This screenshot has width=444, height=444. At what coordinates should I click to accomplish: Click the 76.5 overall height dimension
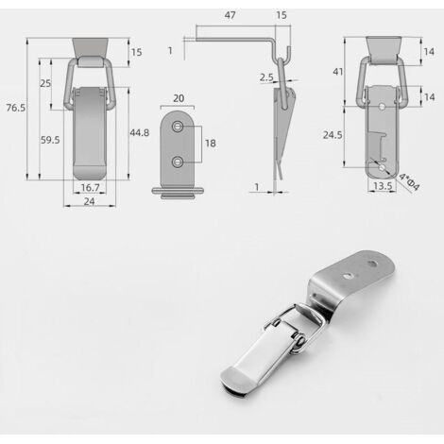pyautogui.click(x=16, y=108)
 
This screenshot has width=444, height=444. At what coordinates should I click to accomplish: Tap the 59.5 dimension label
pyautogui.click(x=50, y=140)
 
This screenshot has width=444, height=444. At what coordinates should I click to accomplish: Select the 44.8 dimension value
pyautogui.click(x=140, y=133)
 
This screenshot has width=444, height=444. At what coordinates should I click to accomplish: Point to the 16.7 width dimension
pyautogui.click(x=91, y=188)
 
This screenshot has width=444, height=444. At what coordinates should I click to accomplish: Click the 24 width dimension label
pyautogui.click(x=90, y=201)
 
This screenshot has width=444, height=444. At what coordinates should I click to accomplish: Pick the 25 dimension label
pyautogui.click(x=45, y=83)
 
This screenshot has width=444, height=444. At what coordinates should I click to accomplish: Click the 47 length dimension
pyautogui.click(x=230, y=15)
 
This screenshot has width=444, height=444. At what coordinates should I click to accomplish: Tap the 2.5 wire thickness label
pyautogui.click(x=266, y=77)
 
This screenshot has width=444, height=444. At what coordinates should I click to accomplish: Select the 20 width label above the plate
pyautogui.click(x=179, y=98)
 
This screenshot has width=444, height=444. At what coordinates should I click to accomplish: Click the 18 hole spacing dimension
pyautogui.click(x=211, y=144)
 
